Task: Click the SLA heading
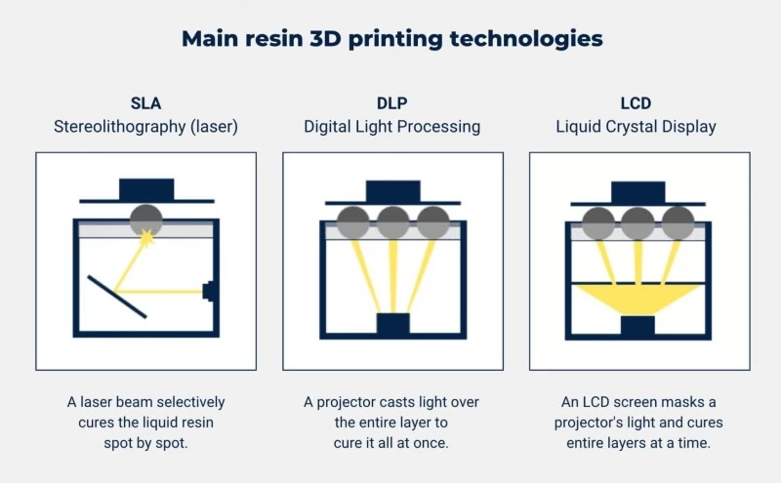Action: point(145,103)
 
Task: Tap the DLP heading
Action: point(392,103)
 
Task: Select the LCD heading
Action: point(636,103)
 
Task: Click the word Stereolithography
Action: point(119,127)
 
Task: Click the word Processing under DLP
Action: point(438,127)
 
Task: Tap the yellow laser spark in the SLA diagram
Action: point(147,237)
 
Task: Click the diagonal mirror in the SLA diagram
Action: point(117,297)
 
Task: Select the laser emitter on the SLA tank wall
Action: point(208,292)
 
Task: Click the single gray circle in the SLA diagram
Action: point(145,220)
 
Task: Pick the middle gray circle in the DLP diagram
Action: point(393,222)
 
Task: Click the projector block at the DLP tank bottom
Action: point(393,324)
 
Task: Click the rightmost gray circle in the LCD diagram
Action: point(678,223)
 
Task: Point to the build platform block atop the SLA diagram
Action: point(146,189)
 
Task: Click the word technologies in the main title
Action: point(526,39)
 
